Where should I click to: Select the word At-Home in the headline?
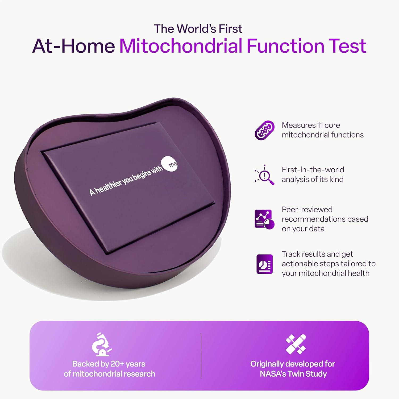(74, 46)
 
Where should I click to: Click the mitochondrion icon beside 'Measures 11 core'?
(264, 130)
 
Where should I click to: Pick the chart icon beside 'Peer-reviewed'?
(264, 219)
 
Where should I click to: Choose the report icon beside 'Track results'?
(264, 264)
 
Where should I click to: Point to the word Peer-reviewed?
(307, 210)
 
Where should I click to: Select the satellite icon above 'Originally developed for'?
(296, 344)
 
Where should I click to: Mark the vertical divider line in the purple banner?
(201, 355)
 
